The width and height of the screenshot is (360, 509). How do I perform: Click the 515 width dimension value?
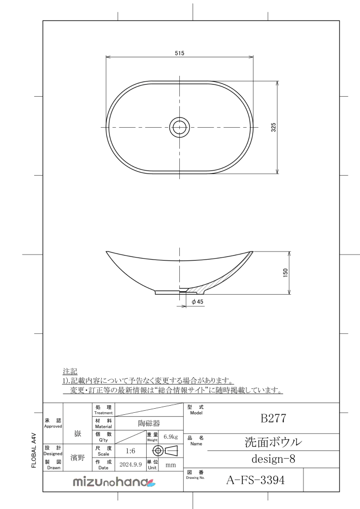179,53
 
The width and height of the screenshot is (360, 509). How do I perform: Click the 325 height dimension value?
274,127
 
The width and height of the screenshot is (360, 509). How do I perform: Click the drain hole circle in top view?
179,127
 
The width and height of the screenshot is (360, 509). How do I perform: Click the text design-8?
274,459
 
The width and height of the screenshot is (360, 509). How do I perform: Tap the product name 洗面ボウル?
274,442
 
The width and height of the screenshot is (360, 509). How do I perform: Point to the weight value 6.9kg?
170,436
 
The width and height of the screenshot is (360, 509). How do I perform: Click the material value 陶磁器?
149,423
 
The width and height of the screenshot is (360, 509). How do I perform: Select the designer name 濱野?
77,457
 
